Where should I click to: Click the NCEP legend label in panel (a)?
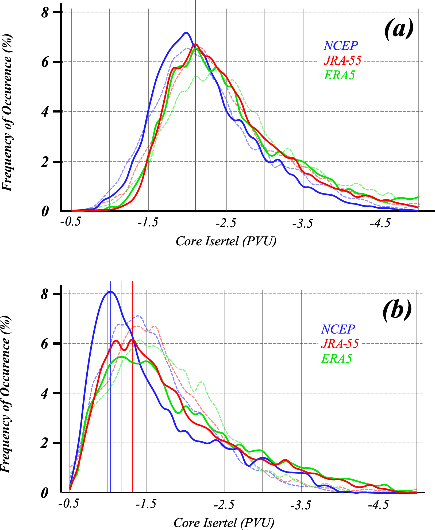tap(341, 46)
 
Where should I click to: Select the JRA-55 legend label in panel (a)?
tap(342, 60)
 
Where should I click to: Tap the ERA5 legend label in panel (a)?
tap(339, 75)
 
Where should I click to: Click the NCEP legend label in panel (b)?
tap(338, 329)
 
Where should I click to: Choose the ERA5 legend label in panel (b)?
tap(336, 358)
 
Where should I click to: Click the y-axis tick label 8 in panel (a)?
tap(45, 13)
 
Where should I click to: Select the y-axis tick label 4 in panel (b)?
tap(44, 394)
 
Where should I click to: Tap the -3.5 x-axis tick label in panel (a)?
tap(302, 224)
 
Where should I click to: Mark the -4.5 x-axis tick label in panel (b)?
tap(378, 505)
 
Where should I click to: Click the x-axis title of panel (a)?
tap(226, 241)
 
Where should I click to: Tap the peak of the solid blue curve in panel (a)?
tap(186, 33)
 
